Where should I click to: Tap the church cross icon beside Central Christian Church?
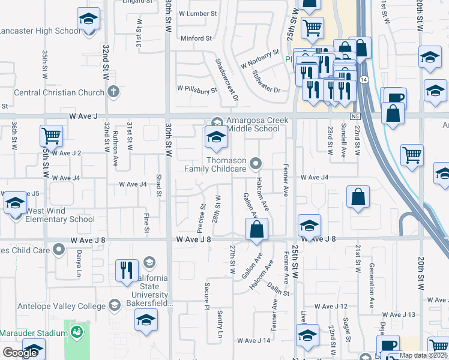pos(113,92)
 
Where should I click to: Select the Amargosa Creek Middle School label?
pos(257,124)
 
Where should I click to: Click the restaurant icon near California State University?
pos(127,270)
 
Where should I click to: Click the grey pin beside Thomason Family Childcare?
pos(256,163)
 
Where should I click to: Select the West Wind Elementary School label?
pos(60,219)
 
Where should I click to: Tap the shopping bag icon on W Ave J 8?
pos(256,229)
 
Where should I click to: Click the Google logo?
pos(20,353)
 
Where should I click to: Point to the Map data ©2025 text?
pos(423,355)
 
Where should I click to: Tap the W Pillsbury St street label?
pos(196,89)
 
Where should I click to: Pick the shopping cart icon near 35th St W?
pos(52,136)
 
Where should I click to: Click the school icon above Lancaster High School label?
pos(89,20)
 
